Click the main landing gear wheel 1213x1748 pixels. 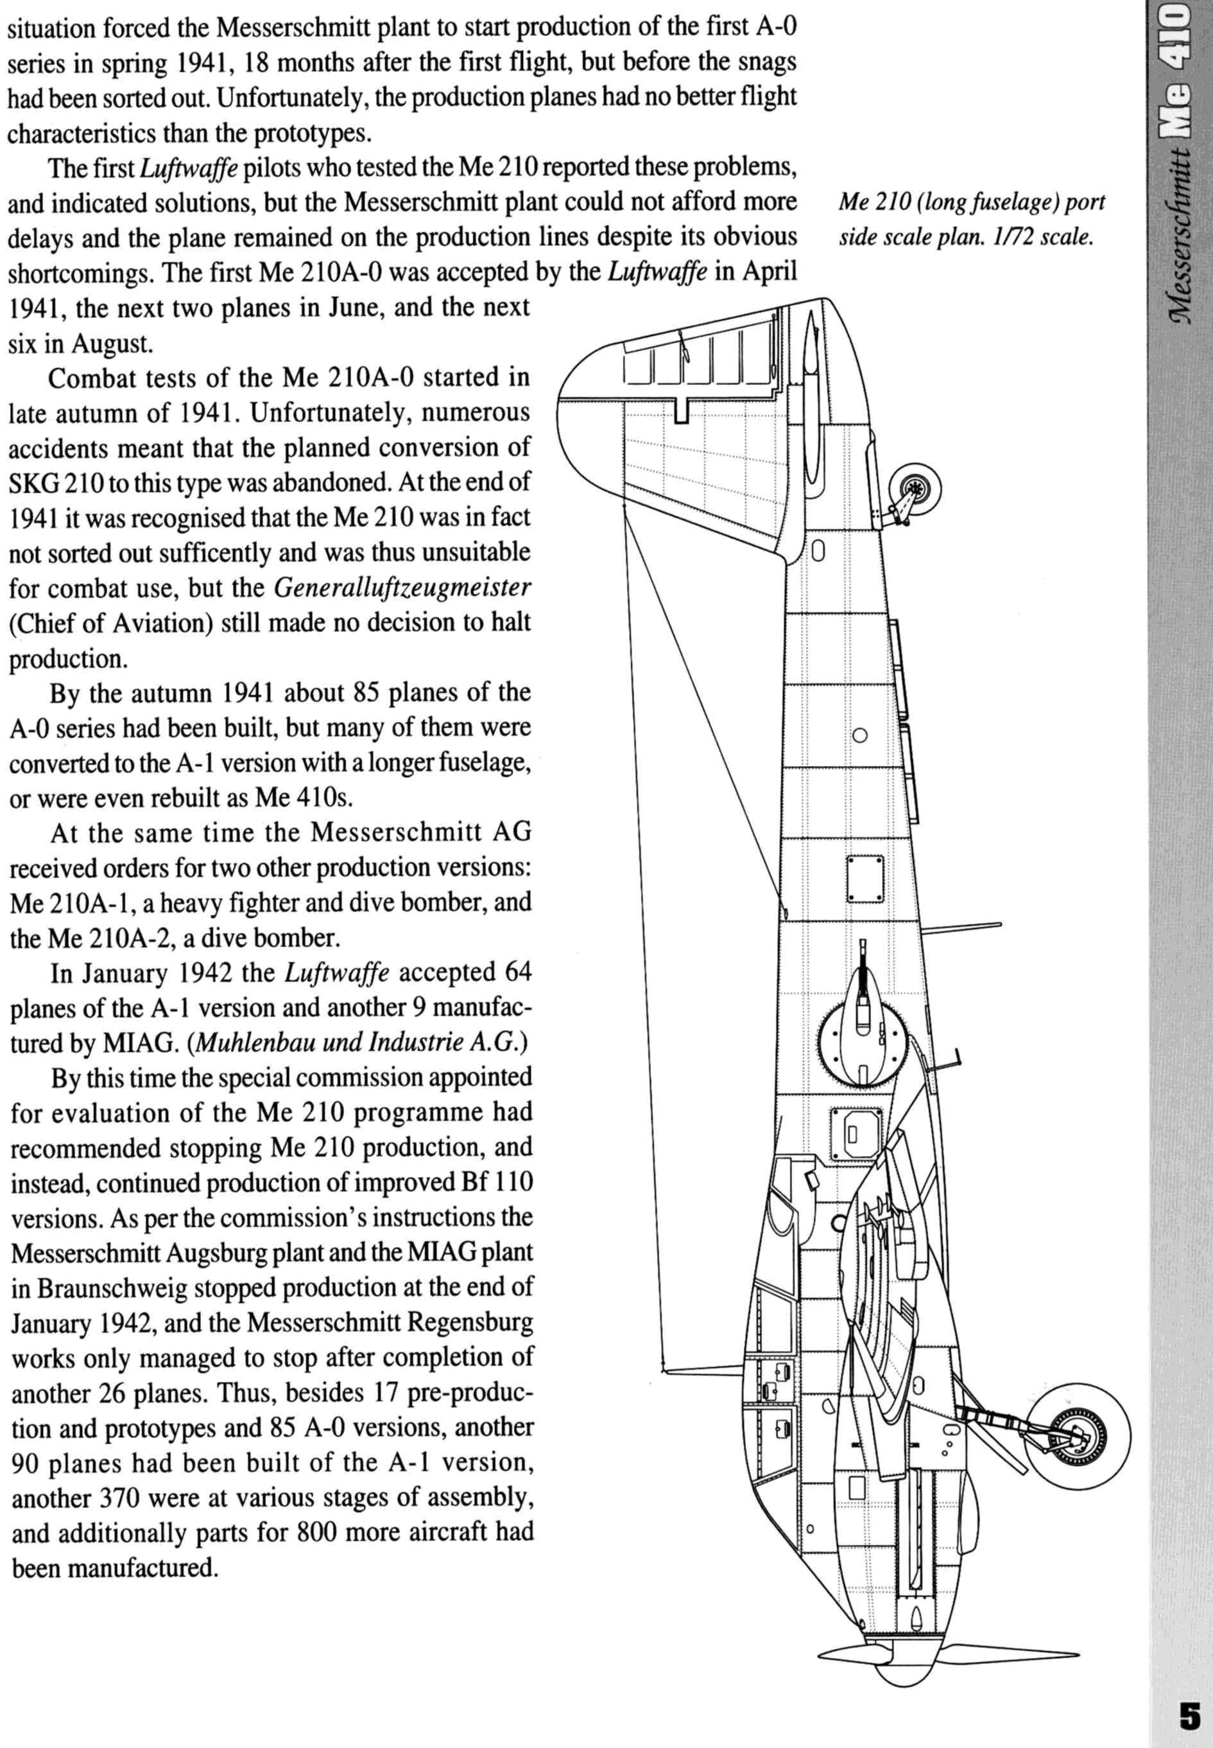click(1076, 1437)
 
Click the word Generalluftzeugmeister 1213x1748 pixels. click(401, 588)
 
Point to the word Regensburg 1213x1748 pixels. click(470, 1322)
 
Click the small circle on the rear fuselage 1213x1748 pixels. click(861, 735)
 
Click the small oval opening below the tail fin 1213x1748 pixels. click(818, 550)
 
